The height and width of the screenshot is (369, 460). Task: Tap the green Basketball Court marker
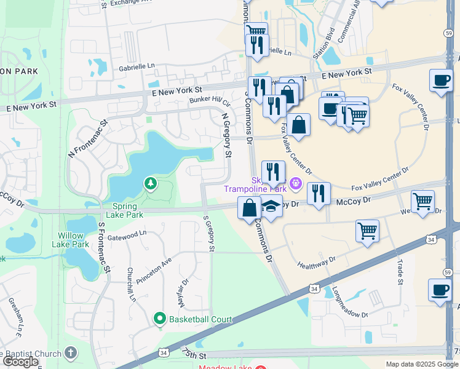pos(160,319)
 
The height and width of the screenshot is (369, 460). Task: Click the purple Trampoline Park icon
pos(296,182)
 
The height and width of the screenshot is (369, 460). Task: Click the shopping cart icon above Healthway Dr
pos(367,231)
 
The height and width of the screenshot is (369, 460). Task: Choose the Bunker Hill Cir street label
pos(210,100)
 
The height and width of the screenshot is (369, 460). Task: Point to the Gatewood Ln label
pos(127,233)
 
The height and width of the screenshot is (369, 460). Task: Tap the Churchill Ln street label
pos(131,284)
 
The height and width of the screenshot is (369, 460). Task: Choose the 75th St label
pos(194,355)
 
